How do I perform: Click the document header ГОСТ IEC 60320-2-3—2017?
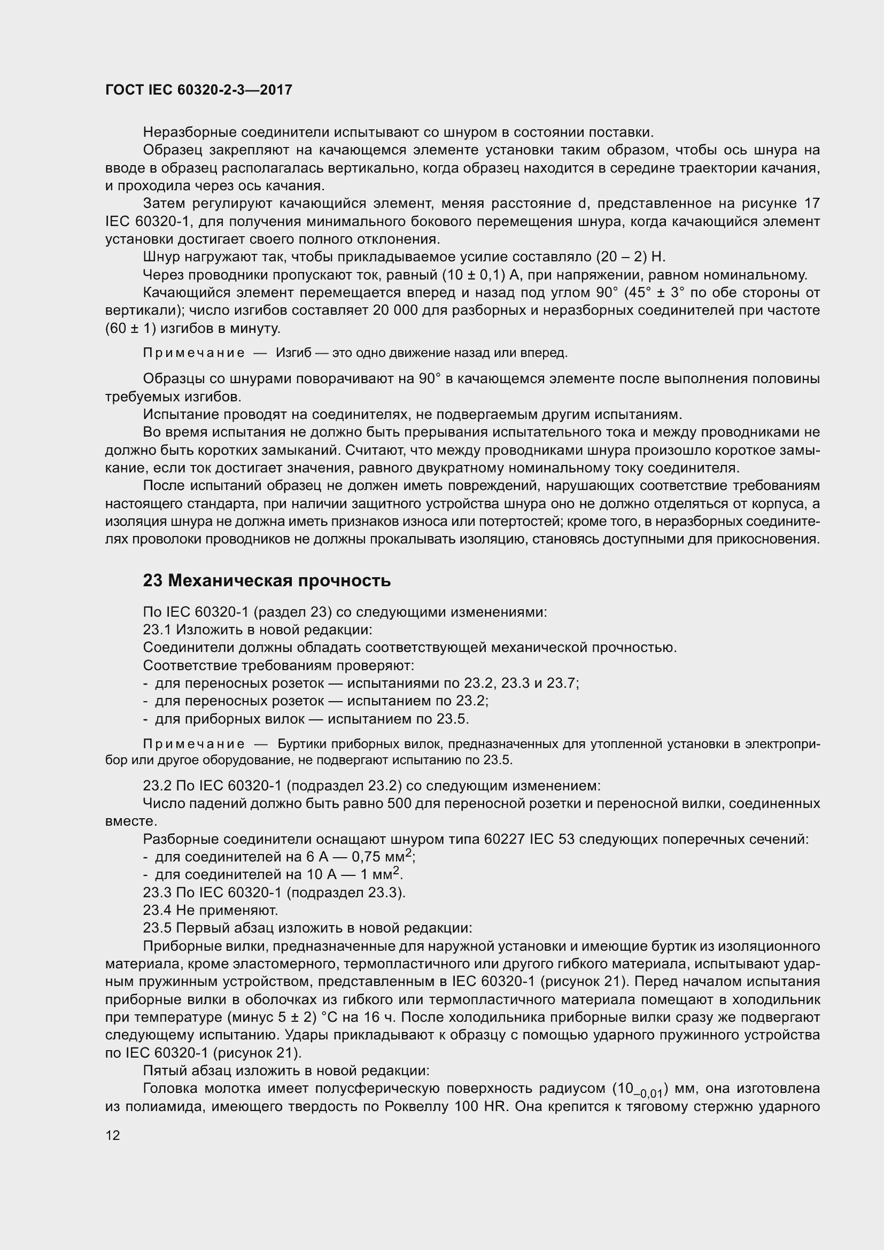199,90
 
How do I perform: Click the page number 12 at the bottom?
113,1135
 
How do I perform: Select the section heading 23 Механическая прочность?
267,581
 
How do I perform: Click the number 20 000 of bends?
392,311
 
